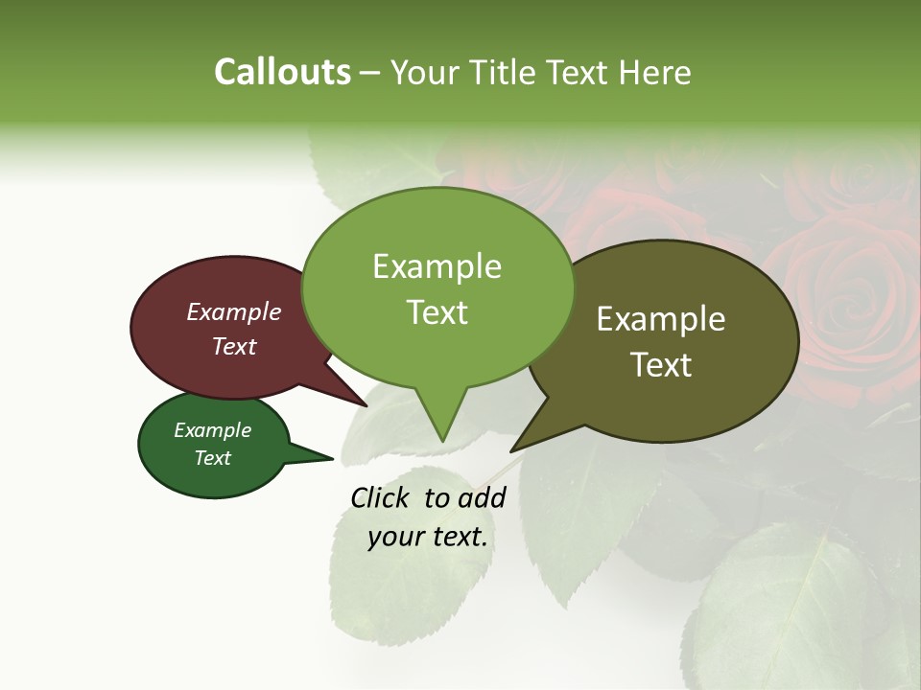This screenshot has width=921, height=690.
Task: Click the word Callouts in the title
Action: (x=282, y=73)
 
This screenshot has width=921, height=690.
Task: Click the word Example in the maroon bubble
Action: (x=234, y=311)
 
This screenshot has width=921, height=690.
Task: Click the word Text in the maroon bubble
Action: (x=234, y=346)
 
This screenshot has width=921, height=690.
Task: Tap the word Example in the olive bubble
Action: (x=661, y=319)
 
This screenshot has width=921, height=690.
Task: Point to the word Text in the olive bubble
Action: (x=661, y=365)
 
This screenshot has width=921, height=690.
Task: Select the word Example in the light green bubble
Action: (x=437, y=266)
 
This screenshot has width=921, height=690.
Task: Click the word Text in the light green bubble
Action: (x=437, y=312)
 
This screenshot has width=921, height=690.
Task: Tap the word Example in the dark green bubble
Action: (x=213, y=430)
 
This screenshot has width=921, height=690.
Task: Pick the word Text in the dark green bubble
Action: (x=213, y=458)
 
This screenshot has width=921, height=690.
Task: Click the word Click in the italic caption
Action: (x=382, y=497)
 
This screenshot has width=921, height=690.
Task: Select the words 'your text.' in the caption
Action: (x=428, y=537)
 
